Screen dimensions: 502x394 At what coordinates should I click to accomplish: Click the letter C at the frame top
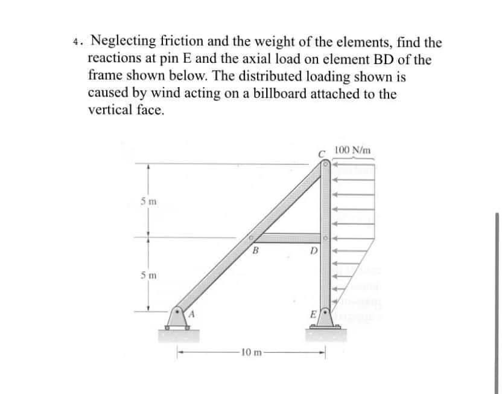tap(323, 153)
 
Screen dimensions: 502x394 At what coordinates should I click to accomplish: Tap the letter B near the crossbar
tap(255, 249)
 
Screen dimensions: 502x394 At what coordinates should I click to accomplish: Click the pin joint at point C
tap(325, 163)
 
